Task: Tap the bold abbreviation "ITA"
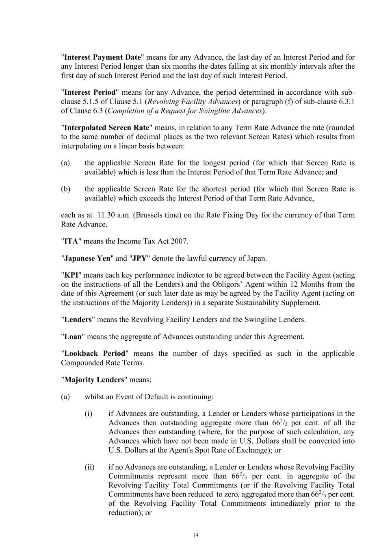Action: coord(71,241)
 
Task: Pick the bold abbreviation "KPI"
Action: coord(71,275)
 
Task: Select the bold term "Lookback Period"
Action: coord(95,353)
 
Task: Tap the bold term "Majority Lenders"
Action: coord(94,379)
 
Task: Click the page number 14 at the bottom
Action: coord(196,535)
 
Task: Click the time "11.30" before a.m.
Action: coord(106,215)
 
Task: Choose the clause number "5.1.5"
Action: coord(93,102)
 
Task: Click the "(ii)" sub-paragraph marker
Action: coord(89,467)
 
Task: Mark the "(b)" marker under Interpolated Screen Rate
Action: coord(65,189)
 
